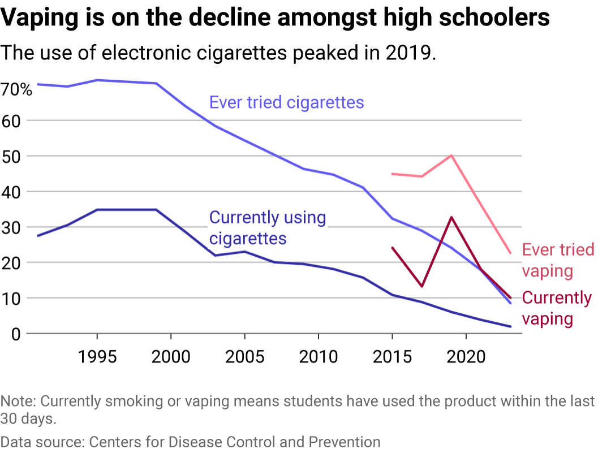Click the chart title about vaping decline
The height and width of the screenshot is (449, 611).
tap(275, 18)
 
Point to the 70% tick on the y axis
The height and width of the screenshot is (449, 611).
tap(16, 89)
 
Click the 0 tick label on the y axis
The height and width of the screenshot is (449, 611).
tap(15, 334)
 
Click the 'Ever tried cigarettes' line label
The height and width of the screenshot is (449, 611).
tap(286, 102)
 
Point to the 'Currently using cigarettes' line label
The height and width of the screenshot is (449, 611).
tap(268, 227)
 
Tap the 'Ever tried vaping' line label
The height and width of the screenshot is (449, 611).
tap(558, 260)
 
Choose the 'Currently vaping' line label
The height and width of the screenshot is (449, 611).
tap(557, 308)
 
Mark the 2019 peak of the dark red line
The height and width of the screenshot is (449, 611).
tap(451, 217)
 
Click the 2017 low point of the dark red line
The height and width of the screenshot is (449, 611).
tap(422, 286)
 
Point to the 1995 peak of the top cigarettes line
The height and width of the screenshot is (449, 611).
tap(97, 80)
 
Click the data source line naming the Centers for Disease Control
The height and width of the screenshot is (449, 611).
tap(190, 441)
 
